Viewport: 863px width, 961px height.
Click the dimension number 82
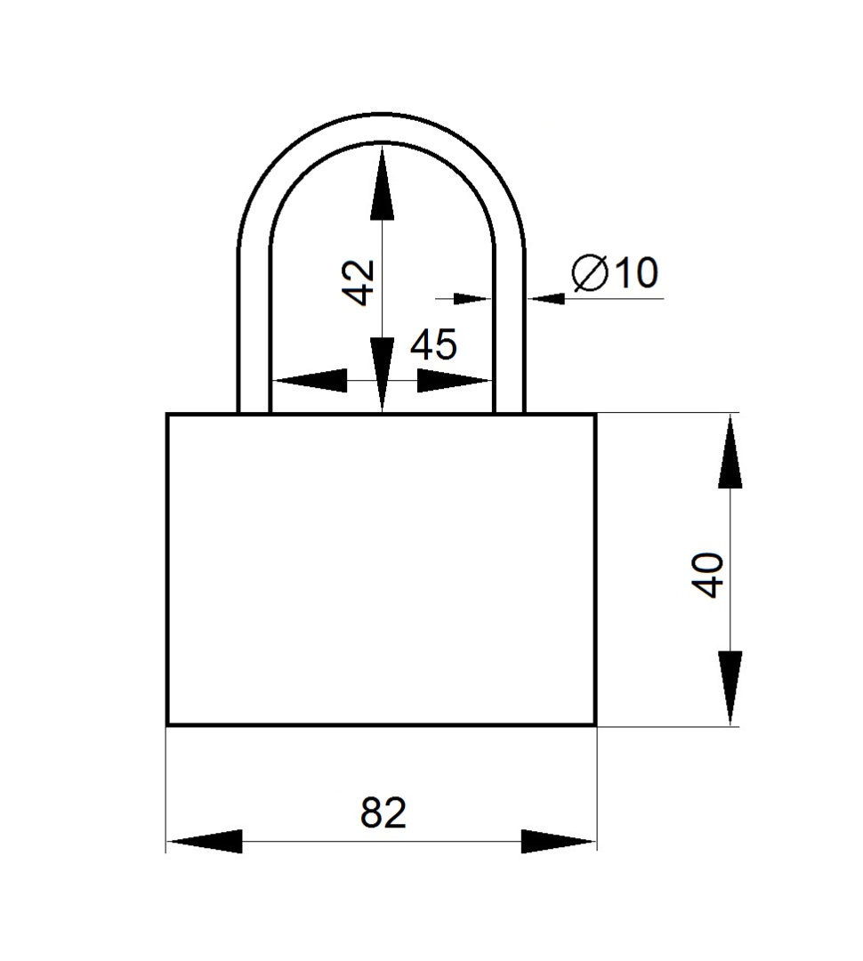click(x=383, y=812)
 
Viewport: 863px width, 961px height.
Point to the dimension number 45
click(x=433, y=344)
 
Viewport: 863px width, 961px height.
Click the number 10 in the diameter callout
click(x=636, y=273)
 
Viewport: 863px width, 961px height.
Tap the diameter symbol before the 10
click(x=589, y=273)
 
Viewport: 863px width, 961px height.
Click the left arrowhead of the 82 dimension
click(x=204, y=842)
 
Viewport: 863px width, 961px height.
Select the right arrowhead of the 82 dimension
click(x=559, y=842)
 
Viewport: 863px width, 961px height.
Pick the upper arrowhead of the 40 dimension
click(x=730, y=452)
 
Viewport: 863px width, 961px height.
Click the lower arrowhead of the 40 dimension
click(x=730, y=688)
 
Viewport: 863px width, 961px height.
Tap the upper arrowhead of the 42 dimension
click(x=383, y=182)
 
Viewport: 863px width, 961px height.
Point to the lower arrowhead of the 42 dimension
click(x=383, y=375)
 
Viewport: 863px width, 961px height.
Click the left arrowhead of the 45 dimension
click(x=309, y=381)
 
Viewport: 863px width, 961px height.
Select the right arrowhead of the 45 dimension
click(x=455, y=381)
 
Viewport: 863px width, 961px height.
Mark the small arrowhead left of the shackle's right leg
click(x=473, y=298)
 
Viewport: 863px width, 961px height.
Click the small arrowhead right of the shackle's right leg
click(x=545, y=298)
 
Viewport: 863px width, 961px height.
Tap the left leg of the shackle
click(x=254, y=331)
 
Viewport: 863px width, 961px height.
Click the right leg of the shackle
click(x=509, y=331)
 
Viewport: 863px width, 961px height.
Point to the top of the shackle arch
click(x=382, y=127)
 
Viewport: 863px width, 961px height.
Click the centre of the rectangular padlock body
click(x=382, y=569)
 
